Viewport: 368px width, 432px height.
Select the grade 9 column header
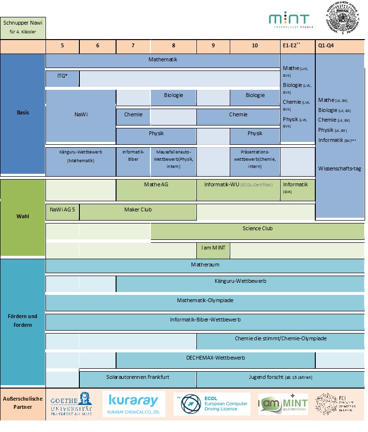coord(213,47)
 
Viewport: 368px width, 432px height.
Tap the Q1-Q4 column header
coord(339,47)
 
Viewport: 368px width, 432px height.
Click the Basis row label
coord(23,113)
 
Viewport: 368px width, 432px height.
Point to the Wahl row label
coord(23,216)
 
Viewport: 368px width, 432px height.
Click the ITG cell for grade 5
coord(62,78)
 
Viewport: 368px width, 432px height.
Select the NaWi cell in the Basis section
coord(81,115)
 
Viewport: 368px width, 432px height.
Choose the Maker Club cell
coord(138,210)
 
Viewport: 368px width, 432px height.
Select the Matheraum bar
coord(205,265)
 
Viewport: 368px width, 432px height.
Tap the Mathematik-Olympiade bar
coord(205,301)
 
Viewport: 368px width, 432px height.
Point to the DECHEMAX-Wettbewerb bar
coord(216,358)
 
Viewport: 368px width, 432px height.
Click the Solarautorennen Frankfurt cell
coord(138,377)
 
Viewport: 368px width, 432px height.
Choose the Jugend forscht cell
coord(280,377)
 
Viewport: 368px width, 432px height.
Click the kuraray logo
coord(134,404)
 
